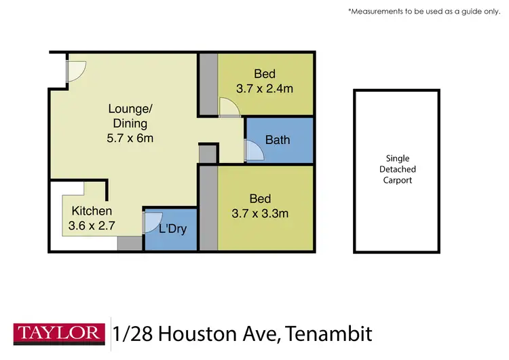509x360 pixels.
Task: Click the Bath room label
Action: pyautogui.click(x=278, y=141)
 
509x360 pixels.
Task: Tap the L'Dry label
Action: pyautogui.click(x=172, y=228)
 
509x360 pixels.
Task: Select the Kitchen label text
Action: pyautogui.click(x=92, y=211)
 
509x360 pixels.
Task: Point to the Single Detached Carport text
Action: pyautogui.click(x=398, y=169)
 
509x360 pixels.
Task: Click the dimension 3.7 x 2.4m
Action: pyautogui.click(x=265, y=88)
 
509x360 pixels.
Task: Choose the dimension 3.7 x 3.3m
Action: pyautogui.click(x=260, y=213)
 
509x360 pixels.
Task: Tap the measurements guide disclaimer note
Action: pyautogui.click(x=424, y=12)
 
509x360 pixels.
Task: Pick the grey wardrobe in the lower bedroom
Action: pyautogui.click(x=208, y=210)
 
